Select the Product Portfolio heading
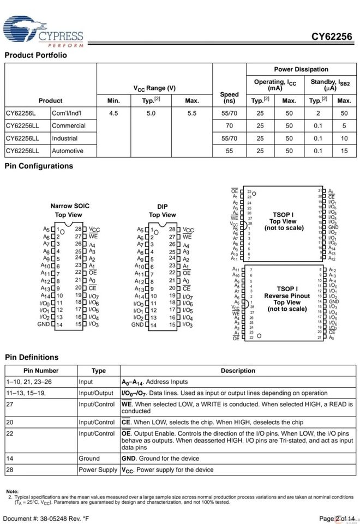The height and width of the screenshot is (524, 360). (x=35, y=55)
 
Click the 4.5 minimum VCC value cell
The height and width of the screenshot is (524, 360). (x=113, y=113)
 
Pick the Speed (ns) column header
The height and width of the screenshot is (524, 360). (x=229, y=97)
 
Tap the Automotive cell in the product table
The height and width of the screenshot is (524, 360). (x=68, y=150)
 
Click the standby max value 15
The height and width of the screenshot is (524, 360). (x=344, y=150)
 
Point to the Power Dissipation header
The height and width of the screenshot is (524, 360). (x=301, y=69)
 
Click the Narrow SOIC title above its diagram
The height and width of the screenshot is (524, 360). (x=70, y=206)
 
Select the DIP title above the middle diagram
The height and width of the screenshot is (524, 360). (x=163, y=207)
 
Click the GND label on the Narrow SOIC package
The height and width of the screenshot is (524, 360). (x=44, y=324)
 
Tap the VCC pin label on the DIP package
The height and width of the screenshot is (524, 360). (x=188, y=230)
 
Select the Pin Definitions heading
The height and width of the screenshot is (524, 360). (x=32, y=357)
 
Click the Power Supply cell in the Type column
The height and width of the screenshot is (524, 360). (x=98, y=469)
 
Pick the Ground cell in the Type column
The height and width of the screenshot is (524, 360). (x=89, y=459)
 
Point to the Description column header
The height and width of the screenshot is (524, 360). (x=237, y=371)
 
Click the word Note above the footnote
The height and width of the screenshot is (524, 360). (x=12, y=491)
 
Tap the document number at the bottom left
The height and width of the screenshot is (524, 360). (x=47, y=518)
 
